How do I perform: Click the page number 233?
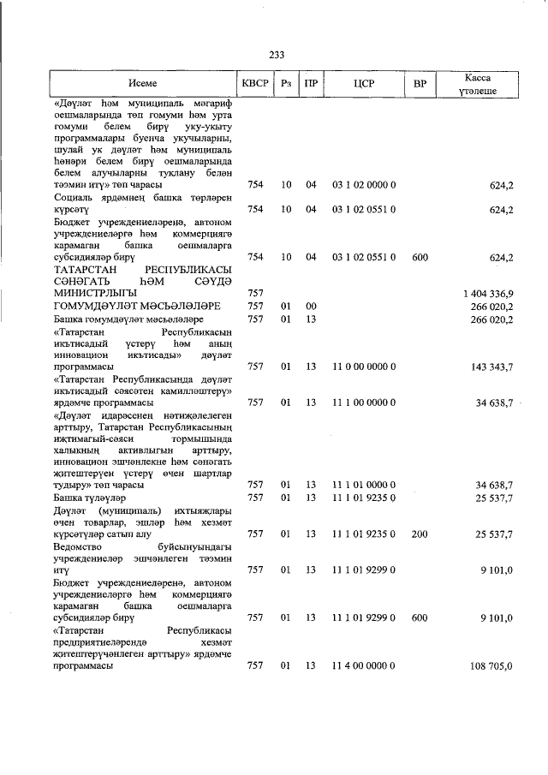pos(276,55)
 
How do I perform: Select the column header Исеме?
pos(143,84)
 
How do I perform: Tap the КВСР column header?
pos(255,84)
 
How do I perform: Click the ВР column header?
pos(420,84)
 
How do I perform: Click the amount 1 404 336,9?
pos(486,294)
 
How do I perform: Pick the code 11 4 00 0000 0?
pos(363,665)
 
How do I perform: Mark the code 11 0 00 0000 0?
pos(363,367)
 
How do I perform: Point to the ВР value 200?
pos(420,534)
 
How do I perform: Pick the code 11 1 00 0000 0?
pos(363,402)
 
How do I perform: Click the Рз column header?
pos(286,84)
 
